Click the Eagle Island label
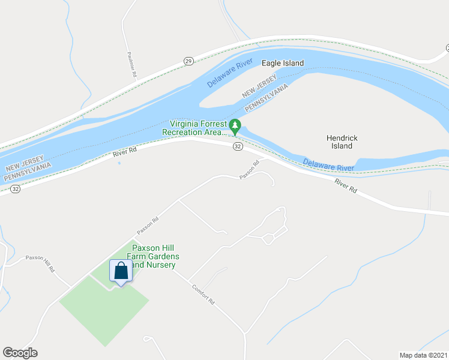point(282,63)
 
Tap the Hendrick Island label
point(342,142)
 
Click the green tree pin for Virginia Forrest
point(235,127)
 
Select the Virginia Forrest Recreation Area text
point(194,127)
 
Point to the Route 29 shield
point(188,61)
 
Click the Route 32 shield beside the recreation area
point(238,146)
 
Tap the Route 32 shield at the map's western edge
point(16,188)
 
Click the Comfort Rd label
point(203,294)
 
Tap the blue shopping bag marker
point(121,271)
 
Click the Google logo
point(20,353)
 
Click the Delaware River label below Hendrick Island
point(328,164)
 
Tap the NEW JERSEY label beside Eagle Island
point(259,87)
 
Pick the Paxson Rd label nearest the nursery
point(147,225)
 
